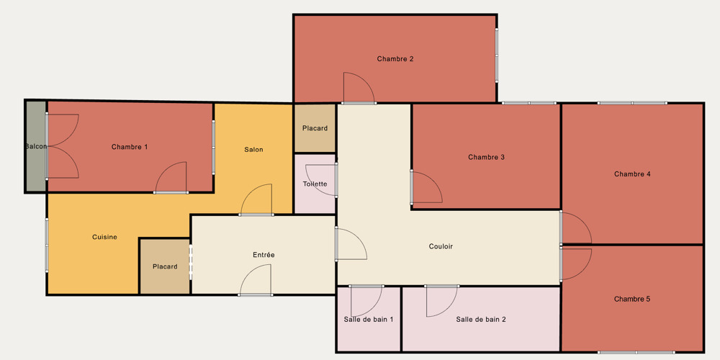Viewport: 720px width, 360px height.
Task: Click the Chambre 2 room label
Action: (x=395, y=59)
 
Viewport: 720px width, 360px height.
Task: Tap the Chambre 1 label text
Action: (x=130, y=147)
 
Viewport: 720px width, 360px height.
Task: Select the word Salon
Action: (x=253, y=149)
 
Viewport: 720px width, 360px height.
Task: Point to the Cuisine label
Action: (x=104, y=237)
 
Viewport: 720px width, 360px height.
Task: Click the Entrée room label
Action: (x=264, y=255)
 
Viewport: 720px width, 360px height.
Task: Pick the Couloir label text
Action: (x=441, y=246)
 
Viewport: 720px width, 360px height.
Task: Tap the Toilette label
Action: (x=315, y=184)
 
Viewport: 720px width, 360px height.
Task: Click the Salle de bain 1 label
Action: (x=368, y=319)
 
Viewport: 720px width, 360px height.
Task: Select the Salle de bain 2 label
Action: (x=481, y=319)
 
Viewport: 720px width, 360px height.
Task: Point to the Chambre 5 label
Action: (x=632, y=299)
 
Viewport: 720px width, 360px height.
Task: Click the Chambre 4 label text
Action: (x=632, y=174)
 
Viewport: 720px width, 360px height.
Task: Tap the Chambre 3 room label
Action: (x=486, y=157)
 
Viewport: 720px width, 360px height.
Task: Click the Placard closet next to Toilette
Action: (x=315, y=129)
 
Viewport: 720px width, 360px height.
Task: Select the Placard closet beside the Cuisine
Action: (x=165, y=266)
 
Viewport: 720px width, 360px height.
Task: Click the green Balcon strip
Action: (x=36, y=146)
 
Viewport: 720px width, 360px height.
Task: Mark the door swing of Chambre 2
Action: (x=359, y=88)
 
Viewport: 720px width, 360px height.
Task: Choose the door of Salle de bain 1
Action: (x=366, y=301)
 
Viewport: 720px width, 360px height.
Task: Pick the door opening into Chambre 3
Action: (x=426, y=187)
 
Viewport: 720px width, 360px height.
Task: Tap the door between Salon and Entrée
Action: (x=256, y=199)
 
